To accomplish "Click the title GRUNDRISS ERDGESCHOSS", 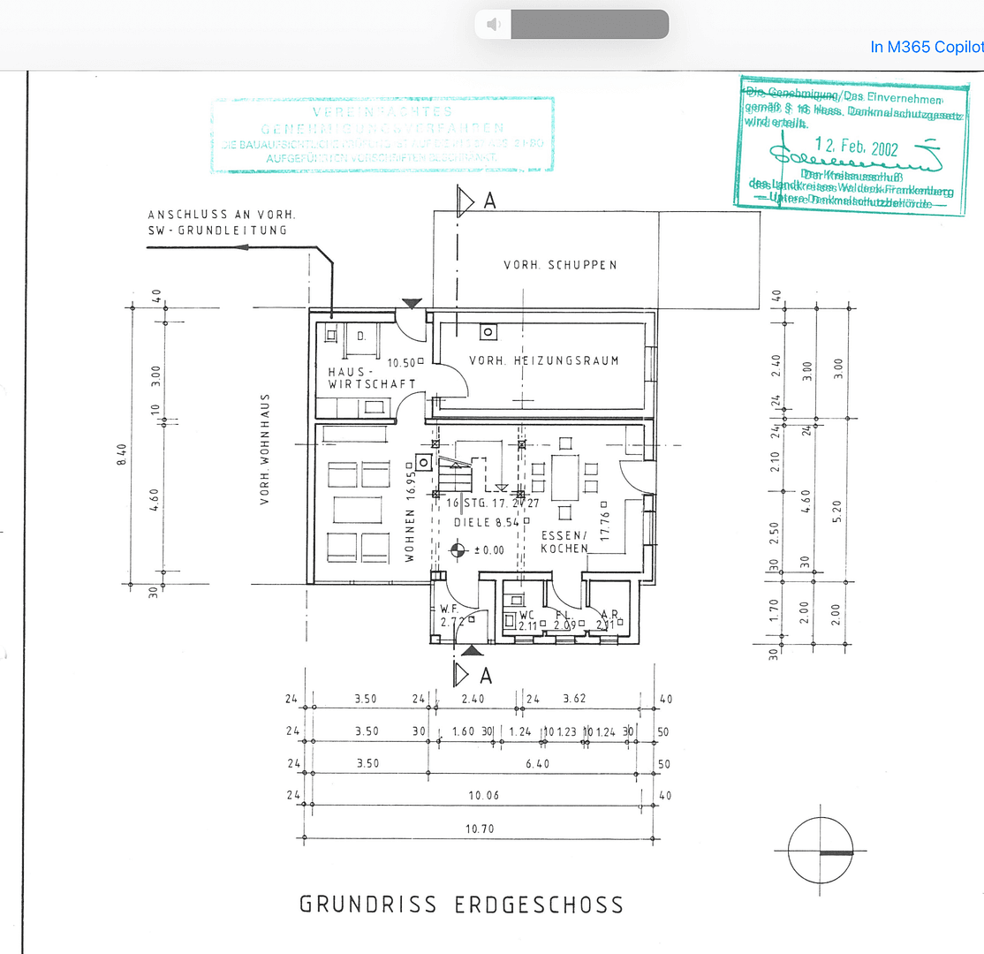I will [461, 905].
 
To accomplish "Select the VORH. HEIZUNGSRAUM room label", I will [543, 360].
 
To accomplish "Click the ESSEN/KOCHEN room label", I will [564, 541].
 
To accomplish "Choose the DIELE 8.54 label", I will [487, 523].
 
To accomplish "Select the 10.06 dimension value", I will [483, 796].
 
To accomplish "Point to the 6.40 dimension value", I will [537, 764].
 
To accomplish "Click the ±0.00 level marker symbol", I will [457, 551].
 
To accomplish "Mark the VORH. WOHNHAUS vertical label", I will [264, 450].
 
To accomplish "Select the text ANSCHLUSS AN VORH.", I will [221, 215].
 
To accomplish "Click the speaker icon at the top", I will [494, 25].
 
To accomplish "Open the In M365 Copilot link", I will [926, 47].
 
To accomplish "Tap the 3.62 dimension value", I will [576, 699].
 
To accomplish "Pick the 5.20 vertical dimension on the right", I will [837, 510].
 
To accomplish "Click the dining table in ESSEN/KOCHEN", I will [564, 477].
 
